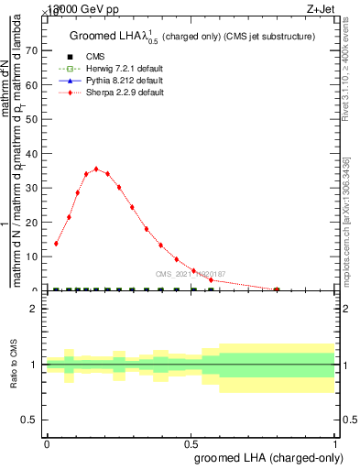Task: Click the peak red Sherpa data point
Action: (96, 169)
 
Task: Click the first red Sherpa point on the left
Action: (57, 244)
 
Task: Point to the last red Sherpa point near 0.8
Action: (277, 289)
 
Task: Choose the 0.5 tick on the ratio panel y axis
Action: (34, 420)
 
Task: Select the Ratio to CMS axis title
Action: (14, 365)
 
